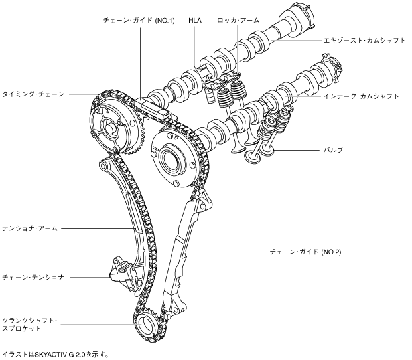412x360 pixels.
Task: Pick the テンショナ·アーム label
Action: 31,229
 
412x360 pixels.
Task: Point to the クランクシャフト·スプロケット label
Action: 31,324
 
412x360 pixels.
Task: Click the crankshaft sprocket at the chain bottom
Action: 148,327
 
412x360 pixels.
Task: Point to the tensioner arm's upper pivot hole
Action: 103,165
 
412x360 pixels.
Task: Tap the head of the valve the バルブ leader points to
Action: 253,158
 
